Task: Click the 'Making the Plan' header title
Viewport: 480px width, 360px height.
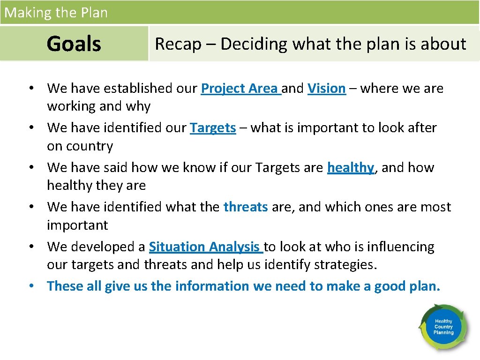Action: point(56,13)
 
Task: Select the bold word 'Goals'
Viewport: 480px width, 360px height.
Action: point(74,44)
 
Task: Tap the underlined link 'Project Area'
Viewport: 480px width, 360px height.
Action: point(240,88)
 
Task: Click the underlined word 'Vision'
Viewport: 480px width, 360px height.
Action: point(326,88)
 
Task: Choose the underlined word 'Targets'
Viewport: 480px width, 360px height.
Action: point(213,128)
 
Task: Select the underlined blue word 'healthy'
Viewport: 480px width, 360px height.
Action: point(350,168)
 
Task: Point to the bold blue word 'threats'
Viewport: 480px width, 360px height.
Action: point(246,207)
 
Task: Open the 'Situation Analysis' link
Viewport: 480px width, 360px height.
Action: point(205,247)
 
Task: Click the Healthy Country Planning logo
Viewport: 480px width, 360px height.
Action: point(443,327)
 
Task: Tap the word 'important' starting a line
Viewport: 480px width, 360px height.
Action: point(77,225)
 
